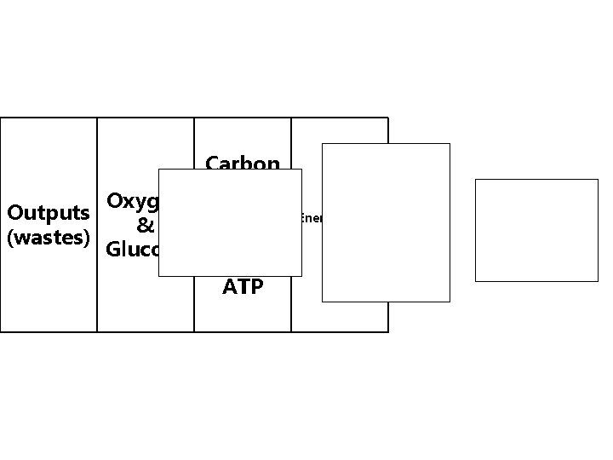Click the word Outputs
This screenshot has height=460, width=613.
click(48, 211)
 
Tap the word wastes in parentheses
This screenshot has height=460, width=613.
click(48, 238)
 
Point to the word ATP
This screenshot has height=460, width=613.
click(243, 286)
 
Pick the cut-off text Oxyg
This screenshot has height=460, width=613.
click(131, 203)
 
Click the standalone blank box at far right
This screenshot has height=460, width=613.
click(536, 230)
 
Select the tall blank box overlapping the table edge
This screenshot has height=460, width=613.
click(386, 222)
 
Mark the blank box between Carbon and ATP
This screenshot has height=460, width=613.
click(230, 222)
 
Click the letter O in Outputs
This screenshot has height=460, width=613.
click(14, 211)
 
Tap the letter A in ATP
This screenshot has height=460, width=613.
click(230, 286)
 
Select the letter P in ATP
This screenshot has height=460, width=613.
click(256, 286)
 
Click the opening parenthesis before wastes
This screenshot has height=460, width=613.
click(9, 238)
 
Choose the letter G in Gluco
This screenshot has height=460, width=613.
click(112, 250)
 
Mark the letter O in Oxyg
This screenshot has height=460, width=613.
click(115, 202)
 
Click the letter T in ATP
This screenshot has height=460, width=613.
click(243, 286)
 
